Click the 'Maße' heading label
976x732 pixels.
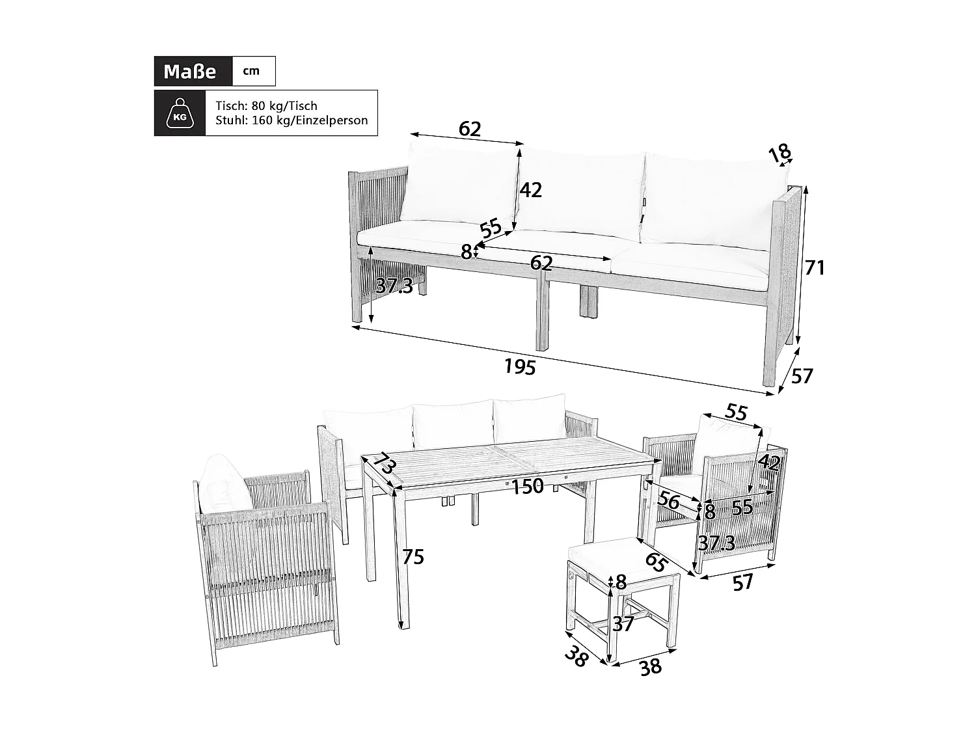click(189, 71)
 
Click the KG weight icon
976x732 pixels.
click(180, 113)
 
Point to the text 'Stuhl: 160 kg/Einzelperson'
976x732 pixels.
click(291, 120)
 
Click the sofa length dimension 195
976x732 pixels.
click(520, 367)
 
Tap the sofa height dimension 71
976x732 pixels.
click(814, 267)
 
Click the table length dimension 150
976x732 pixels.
click(527, 486)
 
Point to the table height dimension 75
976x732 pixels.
click(413, 557)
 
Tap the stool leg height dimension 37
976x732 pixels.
click(623, 624)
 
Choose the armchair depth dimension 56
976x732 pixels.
click(668, 500)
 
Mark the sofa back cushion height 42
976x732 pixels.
click(530, 190)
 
